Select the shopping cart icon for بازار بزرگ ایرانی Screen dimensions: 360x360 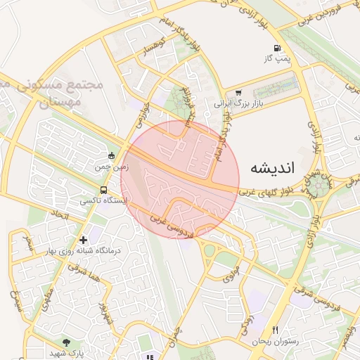point(239,92)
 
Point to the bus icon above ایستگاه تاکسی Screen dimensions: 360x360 point(104,190)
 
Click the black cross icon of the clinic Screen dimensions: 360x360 point(84,240)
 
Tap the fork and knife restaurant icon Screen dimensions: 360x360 point(276,330)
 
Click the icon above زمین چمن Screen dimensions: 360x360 point(110,156)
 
